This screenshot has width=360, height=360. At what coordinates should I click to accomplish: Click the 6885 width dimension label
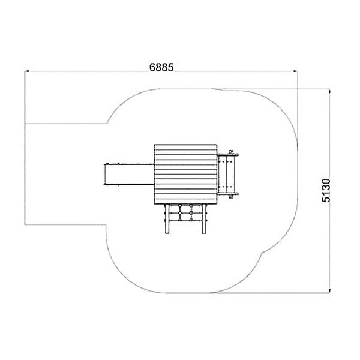(161, 67)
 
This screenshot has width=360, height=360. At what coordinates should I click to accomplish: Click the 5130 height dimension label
(326, 190)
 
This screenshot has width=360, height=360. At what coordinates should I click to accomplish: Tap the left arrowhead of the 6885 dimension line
(26, 71)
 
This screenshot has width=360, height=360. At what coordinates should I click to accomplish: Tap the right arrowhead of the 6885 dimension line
(295, 71)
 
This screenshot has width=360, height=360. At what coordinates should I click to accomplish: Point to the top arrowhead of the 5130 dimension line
(329, 91)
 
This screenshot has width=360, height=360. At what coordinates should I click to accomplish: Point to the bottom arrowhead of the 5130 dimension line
(329, 291)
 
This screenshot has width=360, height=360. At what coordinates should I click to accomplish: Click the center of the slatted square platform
(185, 174)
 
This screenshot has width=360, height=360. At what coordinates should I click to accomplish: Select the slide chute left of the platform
(129, 174)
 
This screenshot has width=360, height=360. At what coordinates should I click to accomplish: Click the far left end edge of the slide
(104, 174)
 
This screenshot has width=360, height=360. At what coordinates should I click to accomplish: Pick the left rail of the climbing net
(167, 219)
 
